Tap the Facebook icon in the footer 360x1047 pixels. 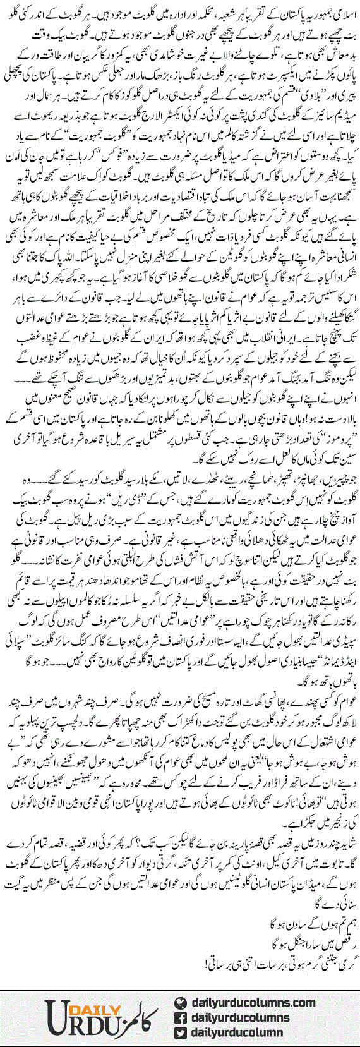179,1017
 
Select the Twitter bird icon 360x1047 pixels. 179,1033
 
